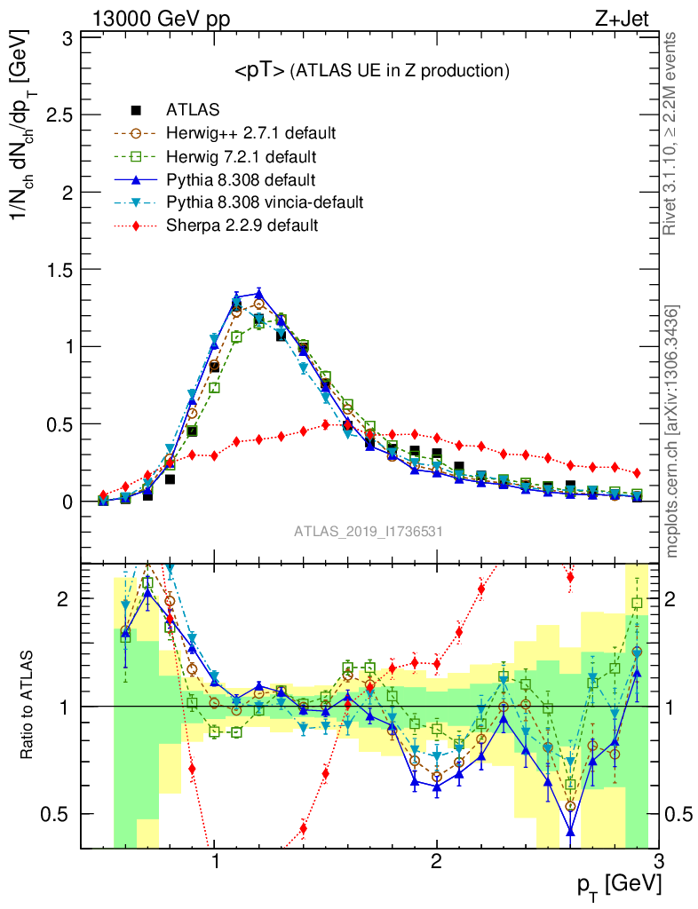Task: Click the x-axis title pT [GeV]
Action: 623,885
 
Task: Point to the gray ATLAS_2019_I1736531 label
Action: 369,531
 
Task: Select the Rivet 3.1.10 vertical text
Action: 672,133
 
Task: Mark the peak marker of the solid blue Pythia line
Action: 258,293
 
